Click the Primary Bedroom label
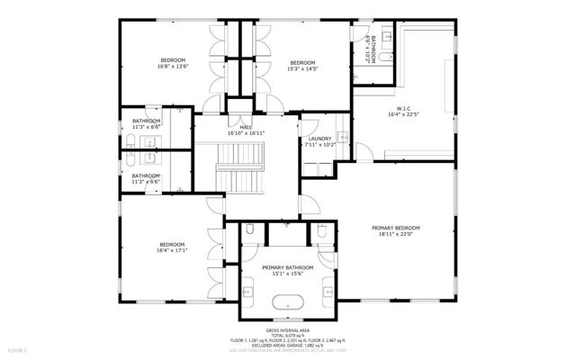pyautogui.click(x=397, y=228)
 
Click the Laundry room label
pyautogui.click(x=319, y=138)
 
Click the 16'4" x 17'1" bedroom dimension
pyautogui.click(x=171, y=251)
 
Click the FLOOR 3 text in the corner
pyautogui.click(x=18, y=349)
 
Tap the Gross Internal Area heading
pyautogui.click(x=288, y=330)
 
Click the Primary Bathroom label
pyautogui.click(x=288, y=267)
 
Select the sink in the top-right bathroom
pyautogui.click(x=387, y=36)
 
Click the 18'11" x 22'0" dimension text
pyautogui.click(x=397, y=234)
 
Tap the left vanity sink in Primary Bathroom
pyautogui.click(x=249, y=290)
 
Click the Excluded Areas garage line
pyautogui.click(x=288, y=345)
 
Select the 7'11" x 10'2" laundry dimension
pyautogui.click(x=319, y=144)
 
